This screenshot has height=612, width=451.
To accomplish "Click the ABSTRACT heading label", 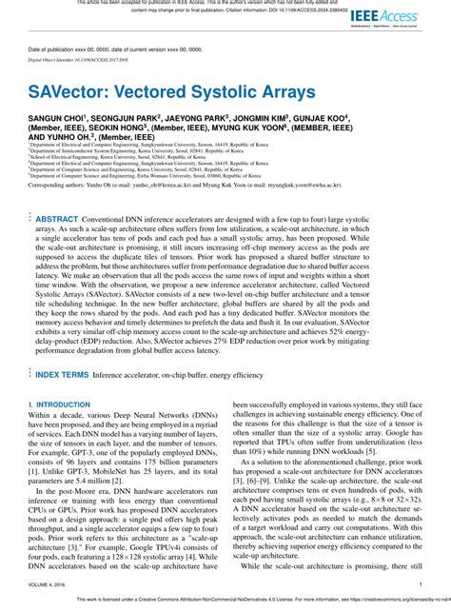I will point(58,218).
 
